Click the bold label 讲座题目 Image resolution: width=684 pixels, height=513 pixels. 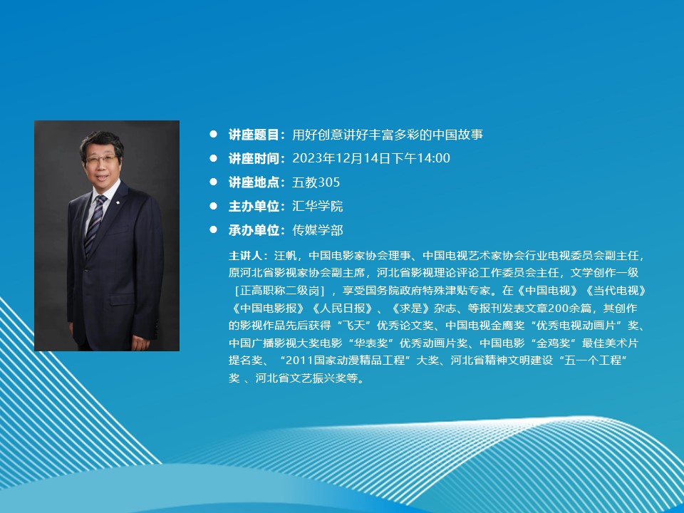click(254, 135)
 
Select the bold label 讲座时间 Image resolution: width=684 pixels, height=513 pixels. click(254, 158)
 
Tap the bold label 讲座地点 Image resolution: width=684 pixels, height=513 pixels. click(254, 182)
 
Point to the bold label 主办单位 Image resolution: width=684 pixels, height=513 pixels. click(254, 206)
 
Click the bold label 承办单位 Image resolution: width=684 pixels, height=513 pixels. click(254, 230)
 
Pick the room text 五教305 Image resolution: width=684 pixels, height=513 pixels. click(316, 182)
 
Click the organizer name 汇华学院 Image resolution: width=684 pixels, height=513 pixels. click(318, 206)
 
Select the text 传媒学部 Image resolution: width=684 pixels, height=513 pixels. click(318, 230)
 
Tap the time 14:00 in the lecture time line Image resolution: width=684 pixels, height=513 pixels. click(433, 158)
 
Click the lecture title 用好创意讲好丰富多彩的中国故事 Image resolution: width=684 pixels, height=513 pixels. click(388, 135)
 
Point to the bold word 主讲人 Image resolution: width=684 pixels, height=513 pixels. click(246, 256)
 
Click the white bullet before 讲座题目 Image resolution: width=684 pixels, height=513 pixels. click(213, 134)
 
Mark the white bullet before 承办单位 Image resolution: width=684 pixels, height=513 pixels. click(213, 229)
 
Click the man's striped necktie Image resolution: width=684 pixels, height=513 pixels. click(95, 224)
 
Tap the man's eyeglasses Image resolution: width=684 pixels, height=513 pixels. click(100, 159)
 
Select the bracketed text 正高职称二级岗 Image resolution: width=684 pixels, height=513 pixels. click(279, 291)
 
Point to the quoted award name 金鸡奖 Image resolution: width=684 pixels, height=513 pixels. click(554, 343)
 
